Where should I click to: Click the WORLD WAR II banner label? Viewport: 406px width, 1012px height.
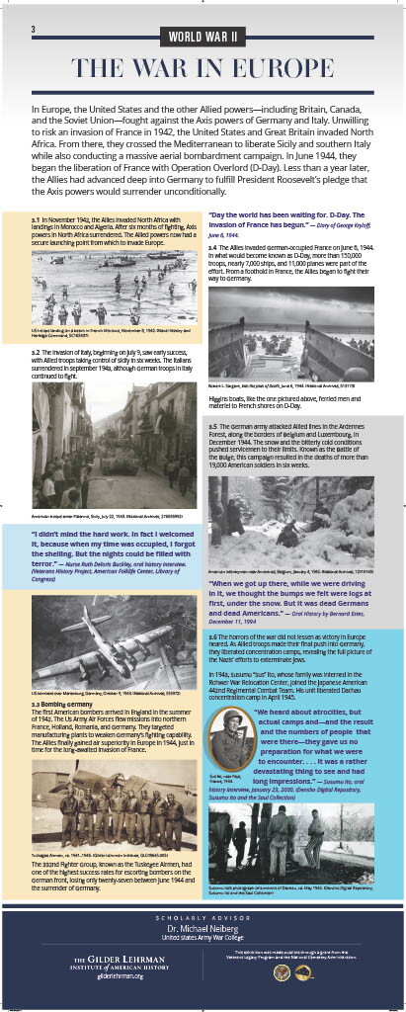click(x=203, y=39)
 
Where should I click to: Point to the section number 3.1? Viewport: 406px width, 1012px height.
click(x=37, y=218)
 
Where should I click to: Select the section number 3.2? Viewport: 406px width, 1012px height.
click(x=37, y=351)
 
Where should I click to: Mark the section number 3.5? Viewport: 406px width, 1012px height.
click(x=212, y=426)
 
